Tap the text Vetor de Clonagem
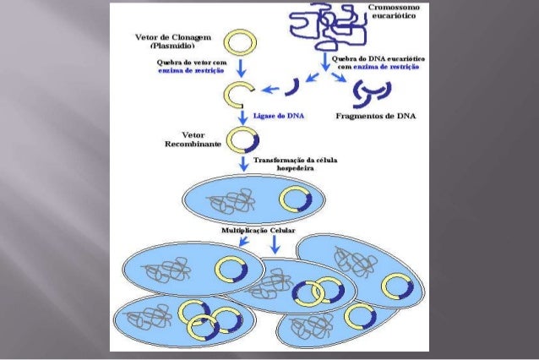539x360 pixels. click(x=172, y=39)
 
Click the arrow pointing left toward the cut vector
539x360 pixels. click(x=270, y=87)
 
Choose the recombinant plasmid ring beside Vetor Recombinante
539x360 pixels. click(x=245, y=138)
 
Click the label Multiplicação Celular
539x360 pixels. click(x=259, y=230)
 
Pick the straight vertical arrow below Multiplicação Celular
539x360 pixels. click(x=275, y=245)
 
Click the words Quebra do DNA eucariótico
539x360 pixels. click(x=377, y=58)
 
